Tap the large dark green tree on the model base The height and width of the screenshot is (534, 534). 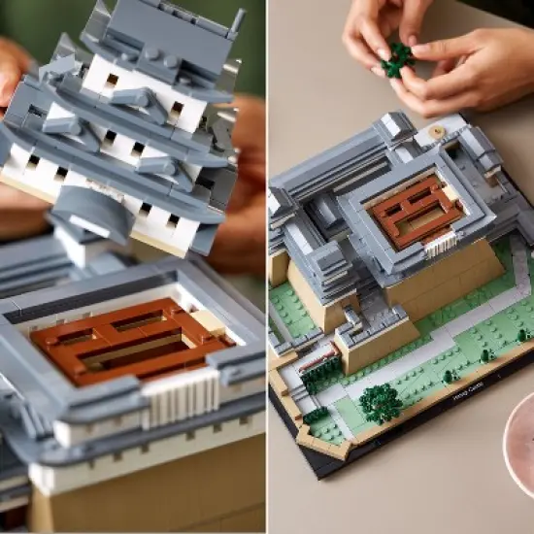point(380,402)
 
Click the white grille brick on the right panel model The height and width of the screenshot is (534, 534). point(443,243)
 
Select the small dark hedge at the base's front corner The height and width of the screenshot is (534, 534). point(317,416)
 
